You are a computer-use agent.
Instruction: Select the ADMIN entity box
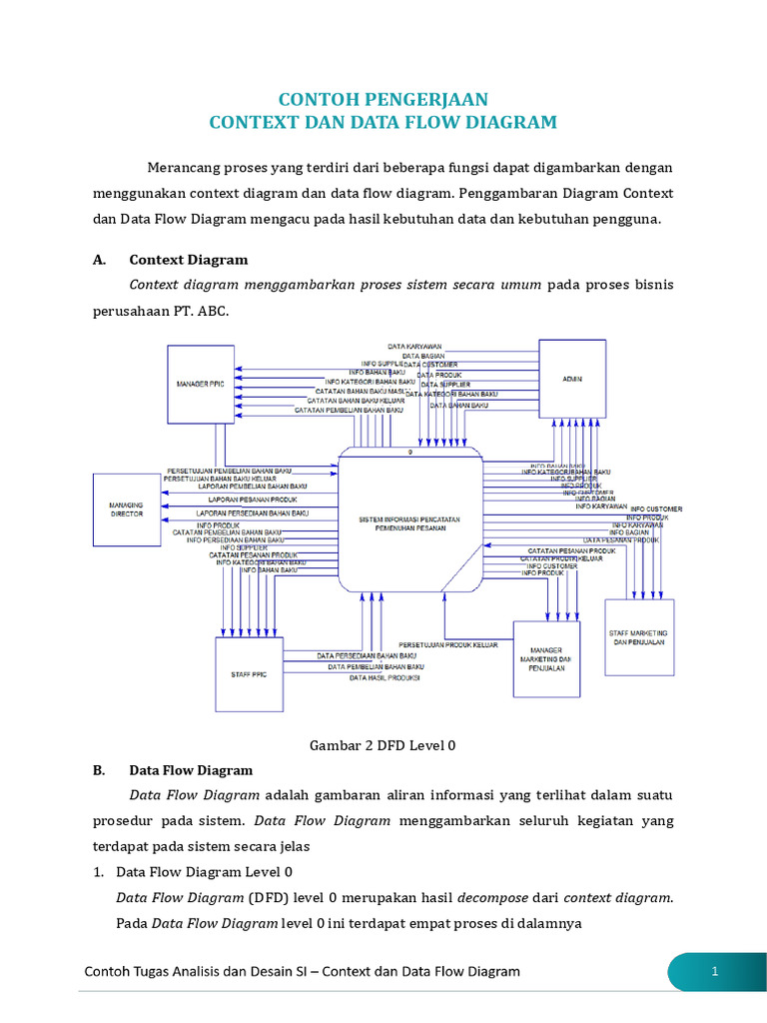coord(572,379)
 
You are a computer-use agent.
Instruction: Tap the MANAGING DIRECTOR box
coord(127,510)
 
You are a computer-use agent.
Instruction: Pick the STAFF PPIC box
coord(250,674)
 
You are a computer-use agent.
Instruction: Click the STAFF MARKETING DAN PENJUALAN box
coord(639,637)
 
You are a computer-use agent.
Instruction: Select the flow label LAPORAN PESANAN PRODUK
coord(253,499)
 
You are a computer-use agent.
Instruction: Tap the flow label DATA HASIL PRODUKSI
coord(384,678)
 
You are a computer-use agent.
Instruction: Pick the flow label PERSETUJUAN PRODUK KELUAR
coord(448,644)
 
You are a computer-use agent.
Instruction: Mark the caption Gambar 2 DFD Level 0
coord(383,744)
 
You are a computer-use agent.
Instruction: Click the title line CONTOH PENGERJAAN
coord(383,99)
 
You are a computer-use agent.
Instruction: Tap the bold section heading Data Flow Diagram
coord(191,770)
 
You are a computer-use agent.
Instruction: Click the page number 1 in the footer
coord(715,971)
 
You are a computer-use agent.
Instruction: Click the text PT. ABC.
coord(200,312)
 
